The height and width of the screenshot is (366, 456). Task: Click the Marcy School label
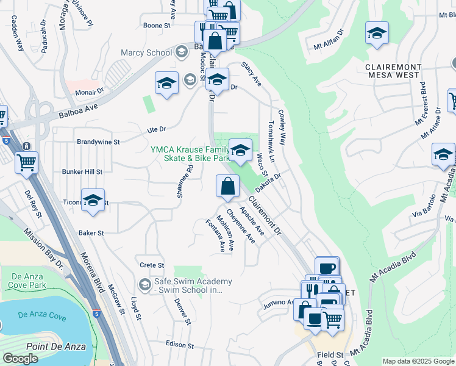[146, 52]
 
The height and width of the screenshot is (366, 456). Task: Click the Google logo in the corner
[20, 359]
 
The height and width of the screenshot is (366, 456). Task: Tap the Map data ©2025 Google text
[418, 361]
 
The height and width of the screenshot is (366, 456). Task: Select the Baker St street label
[91, 233]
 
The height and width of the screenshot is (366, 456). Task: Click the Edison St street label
[179, 345]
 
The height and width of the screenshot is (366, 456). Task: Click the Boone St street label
[157, 26]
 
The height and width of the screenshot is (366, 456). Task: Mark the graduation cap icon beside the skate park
[240, 149]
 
